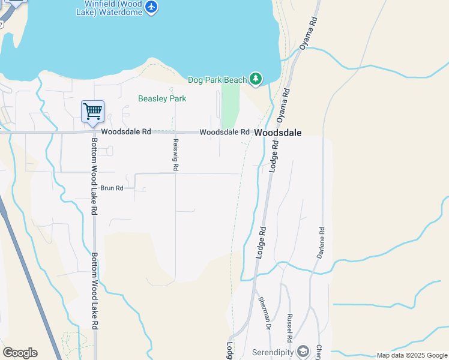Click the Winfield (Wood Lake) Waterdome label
pos(113,8)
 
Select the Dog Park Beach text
pos(217,80)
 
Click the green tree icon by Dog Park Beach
pos(256,79)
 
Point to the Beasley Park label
pos(162,98)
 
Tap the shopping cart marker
pos(92,112)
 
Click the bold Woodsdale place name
pos(277,133)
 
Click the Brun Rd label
pos(112,188)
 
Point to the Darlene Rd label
pos(322,243)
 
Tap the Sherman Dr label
pos(264,314)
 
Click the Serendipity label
pos(273,352)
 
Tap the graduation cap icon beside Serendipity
pos(304,351)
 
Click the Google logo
pos(20,353)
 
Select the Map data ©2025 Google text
pos(412,356)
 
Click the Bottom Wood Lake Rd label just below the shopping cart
pos(94,178)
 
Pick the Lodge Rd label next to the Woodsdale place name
pos(274,156)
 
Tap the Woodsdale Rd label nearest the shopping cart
pos(126,131)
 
